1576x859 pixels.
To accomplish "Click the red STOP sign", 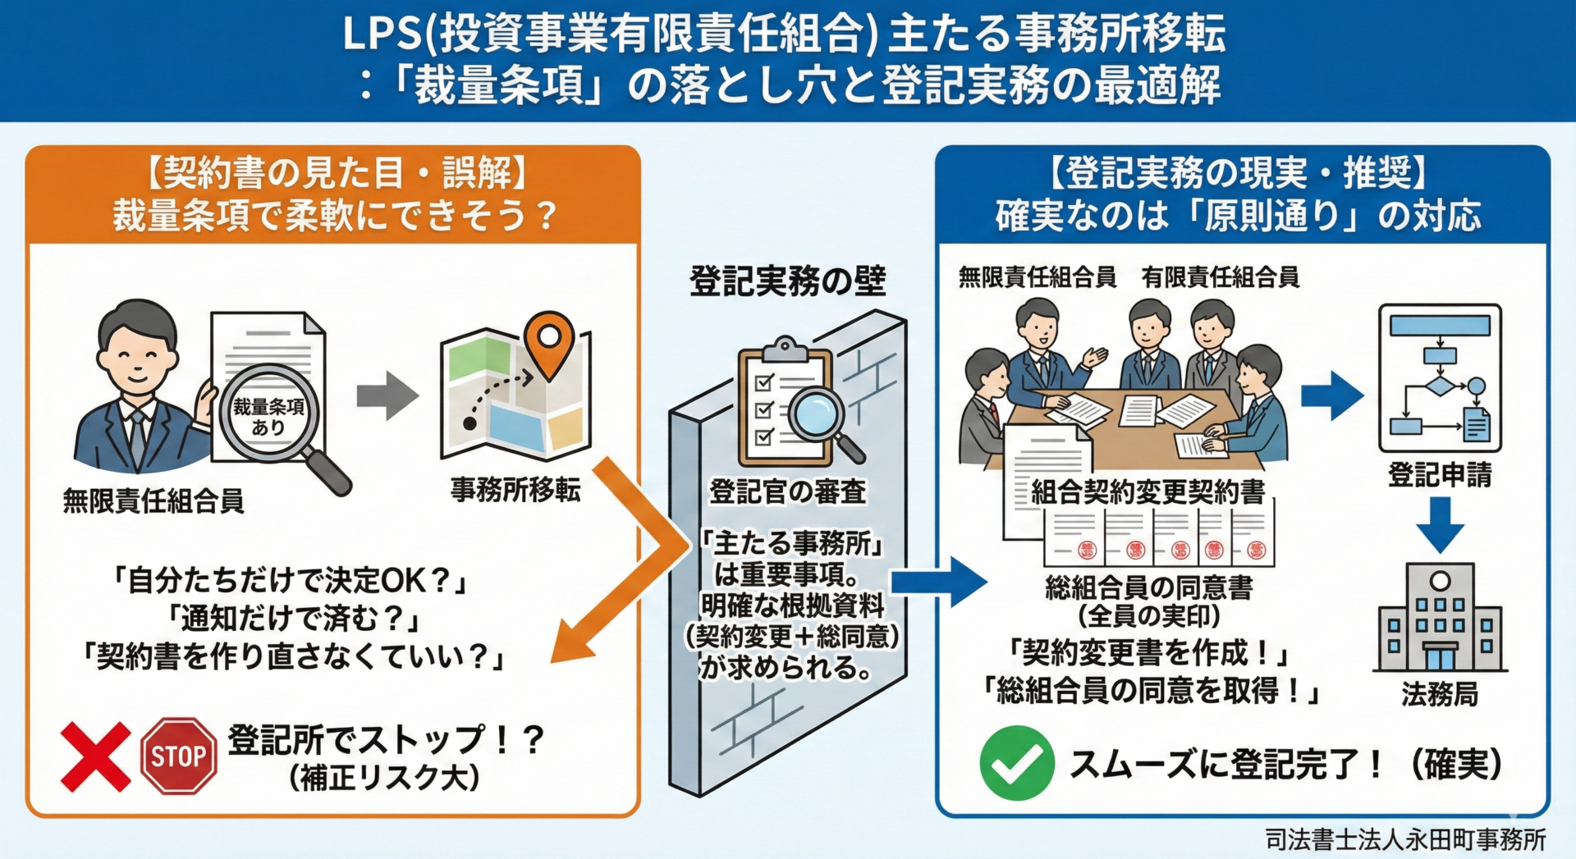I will (179, 756).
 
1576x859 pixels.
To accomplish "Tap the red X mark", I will (95, 756).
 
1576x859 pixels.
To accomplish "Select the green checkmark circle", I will (1016, 763).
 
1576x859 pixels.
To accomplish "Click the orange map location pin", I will (548, 342).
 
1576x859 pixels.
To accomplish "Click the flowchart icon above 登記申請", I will (1440, 378).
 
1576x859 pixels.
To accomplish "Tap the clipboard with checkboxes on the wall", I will (784, 407).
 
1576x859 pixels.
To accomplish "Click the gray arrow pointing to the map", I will (387, 395).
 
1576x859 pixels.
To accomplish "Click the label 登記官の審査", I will (787, 491).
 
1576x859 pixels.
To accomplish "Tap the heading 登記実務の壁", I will (787, 281).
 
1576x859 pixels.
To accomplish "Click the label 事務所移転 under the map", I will (515, 489).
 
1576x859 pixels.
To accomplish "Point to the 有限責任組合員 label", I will (1221, 277).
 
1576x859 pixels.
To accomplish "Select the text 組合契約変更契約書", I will (1148, 491).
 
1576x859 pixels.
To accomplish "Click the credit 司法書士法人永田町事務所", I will (1405, 839).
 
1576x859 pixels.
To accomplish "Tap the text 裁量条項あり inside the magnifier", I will (268, 417).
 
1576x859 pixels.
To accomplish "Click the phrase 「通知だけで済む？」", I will (293, 618).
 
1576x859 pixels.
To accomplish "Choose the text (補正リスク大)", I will (384, 778).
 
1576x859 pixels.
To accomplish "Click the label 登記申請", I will (1440, 474).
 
